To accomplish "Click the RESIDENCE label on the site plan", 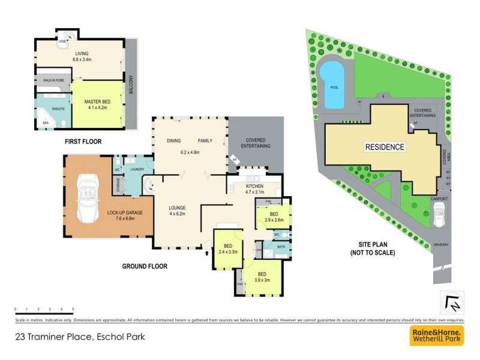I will pos(384,147).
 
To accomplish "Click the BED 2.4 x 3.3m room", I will pos(228,249).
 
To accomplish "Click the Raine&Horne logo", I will pos(436,336).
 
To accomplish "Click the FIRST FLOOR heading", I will pos(83,142).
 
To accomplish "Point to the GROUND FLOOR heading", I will pos(145,266).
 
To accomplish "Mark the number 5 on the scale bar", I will pos(73,308).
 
